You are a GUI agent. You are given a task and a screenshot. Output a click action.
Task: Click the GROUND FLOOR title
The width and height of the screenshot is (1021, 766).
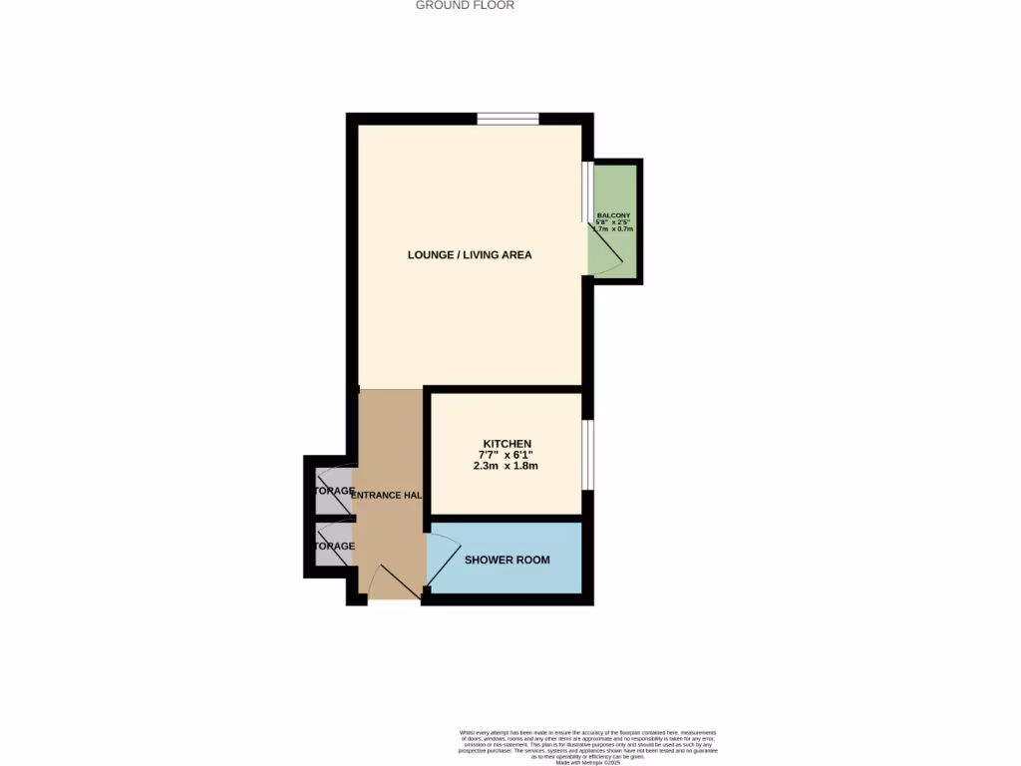click(x=465, y=6)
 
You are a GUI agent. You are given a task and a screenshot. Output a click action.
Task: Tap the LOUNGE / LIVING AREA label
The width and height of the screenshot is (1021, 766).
click(x=470, y=255)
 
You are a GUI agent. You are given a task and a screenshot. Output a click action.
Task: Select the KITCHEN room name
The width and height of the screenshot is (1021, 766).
click(x=507, y=444)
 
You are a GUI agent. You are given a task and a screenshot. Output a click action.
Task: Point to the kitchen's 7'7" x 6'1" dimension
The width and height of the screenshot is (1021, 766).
click(x=507, y=455)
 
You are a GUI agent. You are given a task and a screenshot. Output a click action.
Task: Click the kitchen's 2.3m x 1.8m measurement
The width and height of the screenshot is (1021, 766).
click(x=507, y=466)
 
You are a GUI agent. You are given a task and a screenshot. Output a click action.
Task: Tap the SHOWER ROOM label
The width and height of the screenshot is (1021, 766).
click(x=507, y=561)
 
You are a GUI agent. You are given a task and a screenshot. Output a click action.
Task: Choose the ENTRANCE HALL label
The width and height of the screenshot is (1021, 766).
click(x=386, y=496)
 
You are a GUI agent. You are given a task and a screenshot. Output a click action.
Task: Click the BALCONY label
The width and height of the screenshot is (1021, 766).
click(x=612, y=216)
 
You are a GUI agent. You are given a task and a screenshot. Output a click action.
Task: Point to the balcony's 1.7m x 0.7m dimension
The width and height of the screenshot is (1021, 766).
click(x=612, y=229)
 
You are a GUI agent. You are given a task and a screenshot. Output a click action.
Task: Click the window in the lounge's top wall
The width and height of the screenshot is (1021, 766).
click(x=508, y=119)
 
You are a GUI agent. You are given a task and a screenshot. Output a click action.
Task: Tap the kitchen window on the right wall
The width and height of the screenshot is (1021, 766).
click(x=588, y=455)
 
